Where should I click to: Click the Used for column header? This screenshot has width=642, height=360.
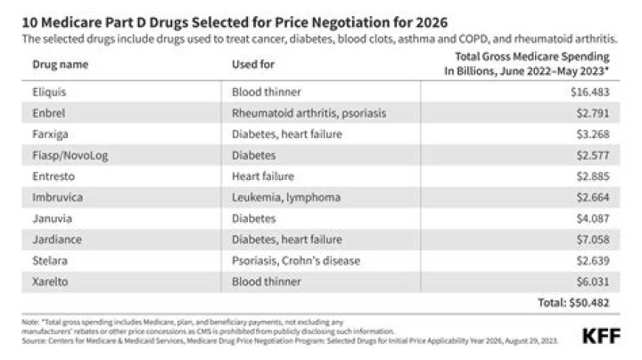253,65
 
